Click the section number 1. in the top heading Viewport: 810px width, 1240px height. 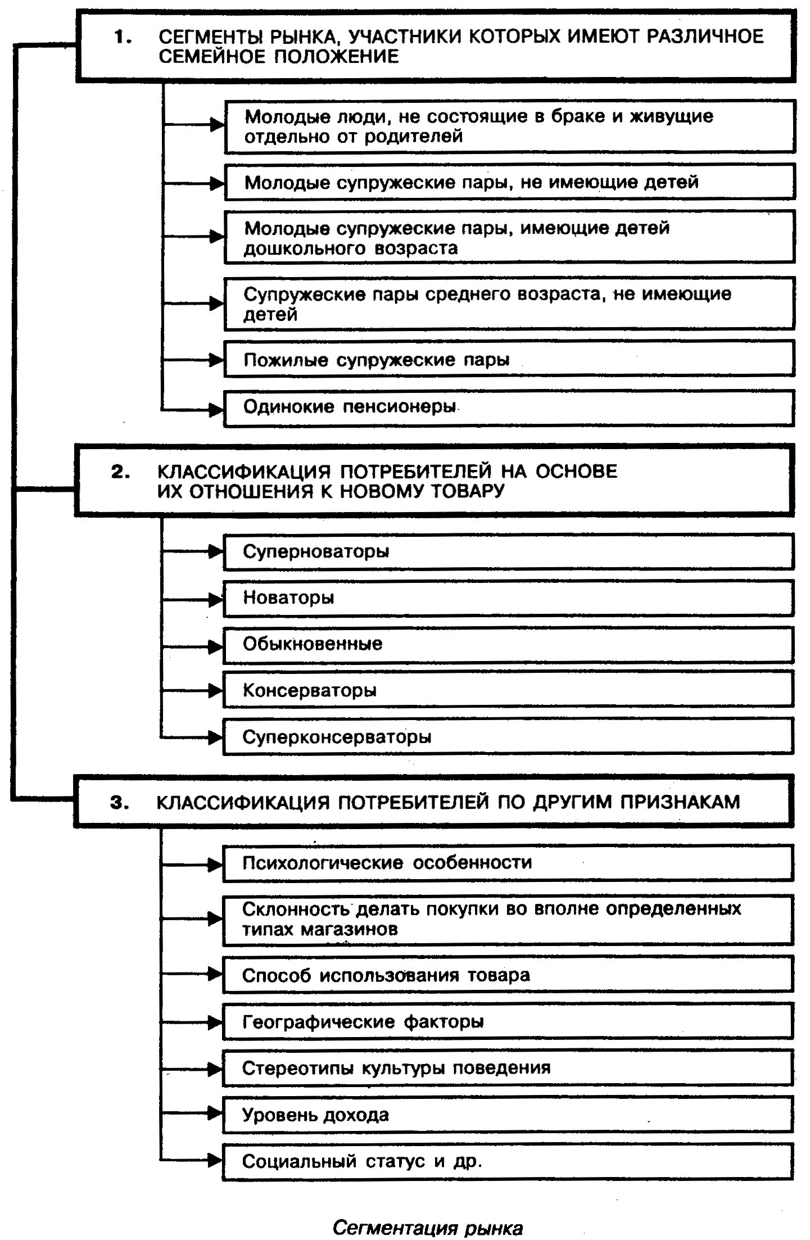pos(123,38)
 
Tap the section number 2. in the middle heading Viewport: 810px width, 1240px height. pos(120,472)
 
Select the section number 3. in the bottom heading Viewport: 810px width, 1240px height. pos(119,803)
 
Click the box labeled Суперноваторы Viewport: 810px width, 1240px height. pos(509,551)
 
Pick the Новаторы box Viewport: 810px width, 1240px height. pos(509,598)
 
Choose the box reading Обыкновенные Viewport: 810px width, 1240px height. pos(509,644)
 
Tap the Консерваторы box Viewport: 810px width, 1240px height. pos(509,690)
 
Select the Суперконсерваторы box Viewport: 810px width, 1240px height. pos(509,737)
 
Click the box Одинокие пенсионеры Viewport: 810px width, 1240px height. pos(509,408)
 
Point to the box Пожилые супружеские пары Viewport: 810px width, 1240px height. pos(509,360)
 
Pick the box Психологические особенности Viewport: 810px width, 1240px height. pos(509,863)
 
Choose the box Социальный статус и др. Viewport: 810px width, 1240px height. pos(509,1161)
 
